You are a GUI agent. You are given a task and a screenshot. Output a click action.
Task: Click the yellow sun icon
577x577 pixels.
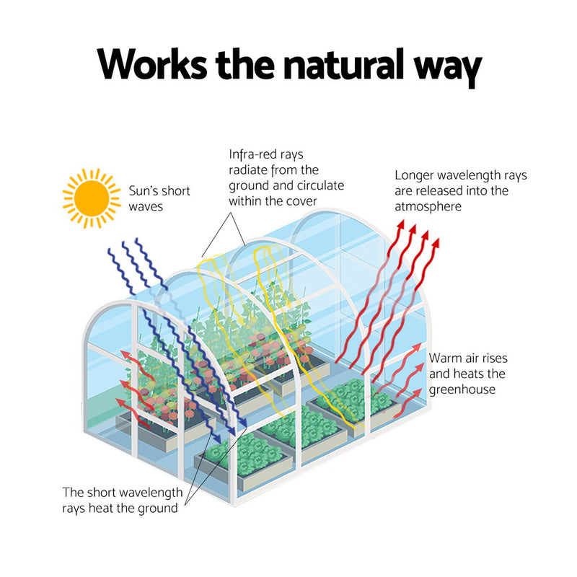pos(91,197)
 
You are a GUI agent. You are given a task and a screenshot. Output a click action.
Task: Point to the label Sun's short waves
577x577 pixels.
pos(159,198)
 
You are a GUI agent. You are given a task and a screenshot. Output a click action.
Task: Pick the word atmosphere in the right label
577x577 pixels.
pos(428,207)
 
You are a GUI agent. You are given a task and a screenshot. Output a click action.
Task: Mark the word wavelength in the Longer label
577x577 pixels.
pos(471,175)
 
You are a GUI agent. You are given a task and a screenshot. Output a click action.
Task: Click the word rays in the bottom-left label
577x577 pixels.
pos(76,508)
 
